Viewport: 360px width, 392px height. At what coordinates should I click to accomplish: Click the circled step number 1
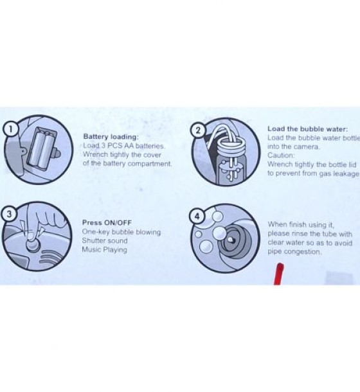(x=10, y=129)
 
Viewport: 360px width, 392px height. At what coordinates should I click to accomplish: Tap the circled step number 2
(x=198, y=130)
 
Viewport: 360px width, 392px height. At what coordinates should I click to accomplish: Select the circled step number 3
(x=9, y=214)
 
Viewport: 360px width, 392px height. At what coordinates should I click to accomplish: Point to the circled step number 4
(x=197, y=217)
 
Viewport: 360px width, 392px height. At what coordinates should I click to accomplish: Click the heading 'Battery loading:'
(x=111, y=137)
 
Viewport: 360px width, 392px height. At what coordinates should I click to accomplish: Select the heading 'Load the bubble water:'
(x=307, y=129)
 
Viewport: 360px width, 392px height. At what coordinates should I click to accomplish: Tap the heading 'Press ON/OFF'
(x=107, y=222)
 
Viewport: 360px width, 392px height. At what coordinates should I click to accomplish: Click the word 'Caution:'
(x=281, y=156)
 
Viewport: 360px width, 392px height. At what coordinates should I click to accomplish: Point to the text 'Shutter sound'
(x=105, y=240)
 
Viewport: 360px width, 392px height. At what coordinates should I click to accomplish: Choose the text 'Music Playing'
(x=105, y=249)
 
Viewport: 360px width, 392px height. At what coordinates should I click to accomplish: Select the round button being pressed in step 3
(x=33, y=243)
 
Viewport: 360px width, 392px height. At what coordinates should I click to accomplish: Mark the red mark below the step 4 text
(x=279, y=274)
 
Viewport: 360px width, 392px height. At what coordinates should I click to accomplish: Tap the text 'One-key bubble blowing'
(x=122, y=232)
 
